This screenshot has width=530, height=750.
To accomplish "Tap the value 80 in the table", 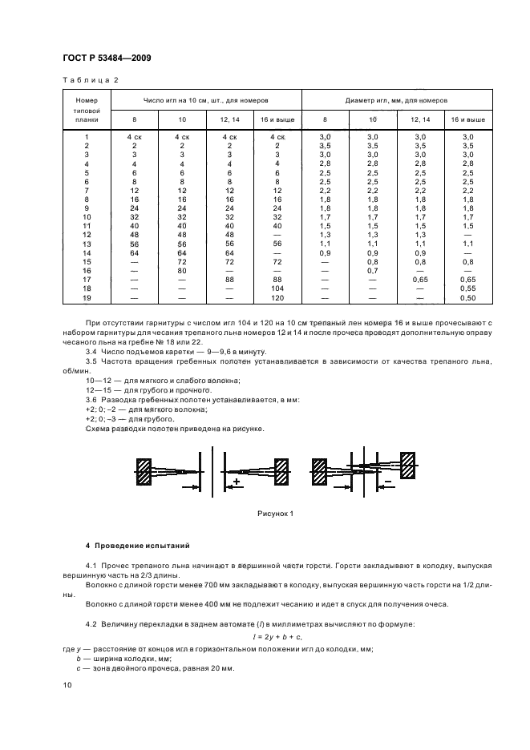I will click(x=182, y=270).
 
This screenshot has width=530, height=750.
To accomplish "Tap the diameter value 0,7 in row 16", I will click(x=372, y=270).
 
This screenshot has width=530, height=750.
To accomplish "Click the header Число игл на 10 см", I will click(x=205, y=101).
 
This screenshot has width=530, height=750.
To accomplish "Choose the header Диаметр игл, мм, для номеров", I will click(x=396, y=101).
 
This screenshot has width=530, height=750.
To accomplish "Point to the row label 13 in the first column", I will click(x=86, y=244).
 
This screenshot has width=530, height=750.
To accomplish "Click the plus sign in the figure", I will click(x=237, y=482).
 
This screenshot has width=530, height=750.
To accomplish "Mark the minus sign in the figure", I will click(x=387, y=482).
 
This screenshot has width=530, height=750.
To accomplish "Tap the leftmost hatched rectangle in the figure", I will click(x=144, y=472).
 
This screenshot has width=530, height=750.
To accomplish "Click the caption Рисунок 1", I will click(x=275, y=514).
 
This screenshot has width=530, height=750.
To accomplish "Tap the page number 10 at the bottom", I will click(x=68, y=685).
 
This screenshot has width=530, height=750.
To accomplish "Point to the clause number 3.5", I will click(x=91, y=361).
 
